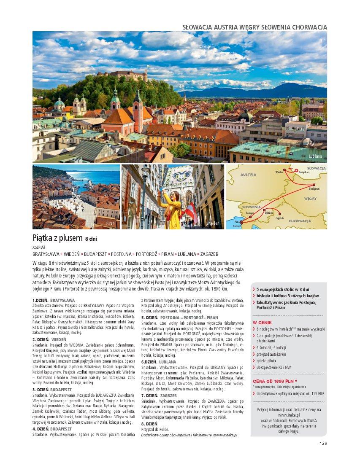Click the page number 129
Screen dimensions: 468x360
(x=323, y=443)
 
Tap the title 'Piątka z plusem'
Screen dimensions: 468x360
(x=57, y=238)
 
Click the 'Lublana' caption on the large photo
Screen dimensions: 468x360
(x=315, y=156)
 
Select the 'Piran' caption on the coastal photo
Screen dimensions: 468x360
(x=111, y=223)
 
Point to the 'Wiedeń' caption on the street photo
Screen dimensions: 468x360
(x=213, y=223)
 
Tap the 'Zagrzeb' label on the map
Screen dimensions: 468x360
(x=279, y=218)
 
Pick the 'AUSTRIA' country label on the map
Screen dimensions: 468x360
(x=248, y=174)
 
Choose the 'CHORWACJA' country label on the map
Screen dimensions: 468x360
(x=300, y=221)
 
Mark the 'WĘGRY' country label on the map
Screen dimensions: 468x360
(x=310, y=198)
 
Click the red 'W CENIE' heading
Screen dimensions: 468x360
(x=262, y=322)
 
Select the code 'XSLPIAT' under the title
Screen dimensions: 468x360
(x=39, y=247)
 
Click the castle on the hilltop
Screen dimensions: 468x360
(x=122, y=75)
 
